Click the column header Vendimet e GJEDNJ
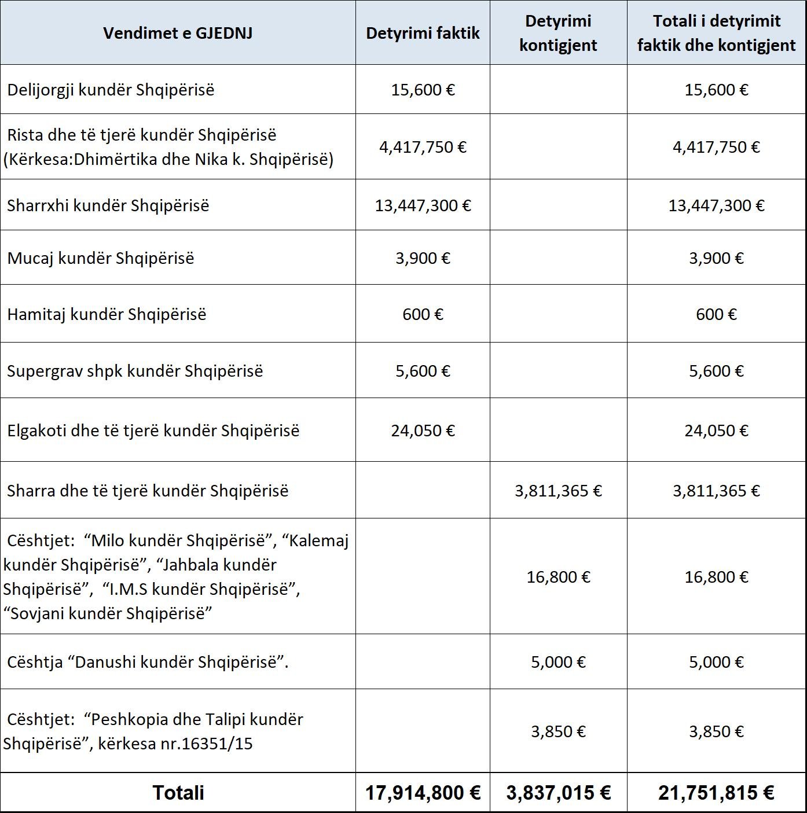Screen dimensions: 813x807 178,33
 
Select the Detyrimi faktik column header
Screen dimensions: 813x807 423,33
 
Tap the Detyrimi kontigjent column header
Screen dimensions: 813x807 558,33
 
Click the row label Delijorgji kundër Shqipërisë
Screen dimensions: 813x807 111,90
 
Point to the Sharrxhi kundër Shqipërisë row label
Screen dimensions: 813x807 108,205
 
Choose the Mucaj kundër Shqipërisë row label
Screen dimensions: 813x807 100,258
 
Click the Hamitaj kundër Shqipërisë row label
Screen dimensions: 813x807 107,314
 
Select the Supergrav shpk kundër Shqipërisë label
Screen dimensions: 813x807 134,371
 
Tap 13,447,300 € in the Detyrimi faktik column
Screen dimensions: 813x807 423,205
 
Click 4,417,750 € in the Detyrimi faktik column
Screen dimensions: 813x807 423,147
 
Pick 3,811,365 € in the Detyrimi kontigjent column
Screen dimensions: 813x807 558,491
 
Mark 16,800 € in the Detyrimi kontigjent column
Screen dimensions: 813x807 558,577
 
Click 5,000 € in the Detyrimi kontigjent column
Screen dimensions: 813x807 558,662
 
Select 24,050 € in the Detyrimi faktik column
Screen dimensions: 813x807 423,431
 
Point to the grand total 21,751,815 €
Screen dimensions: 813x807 716,793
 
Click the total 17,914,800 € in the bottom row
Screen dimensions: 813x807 423,793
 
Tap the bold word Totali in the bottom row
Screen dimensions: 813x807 178,793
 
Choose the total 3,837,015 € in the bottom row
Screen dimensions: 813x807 558,793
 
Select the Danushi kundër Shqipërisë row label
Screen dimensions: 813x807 147,662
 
